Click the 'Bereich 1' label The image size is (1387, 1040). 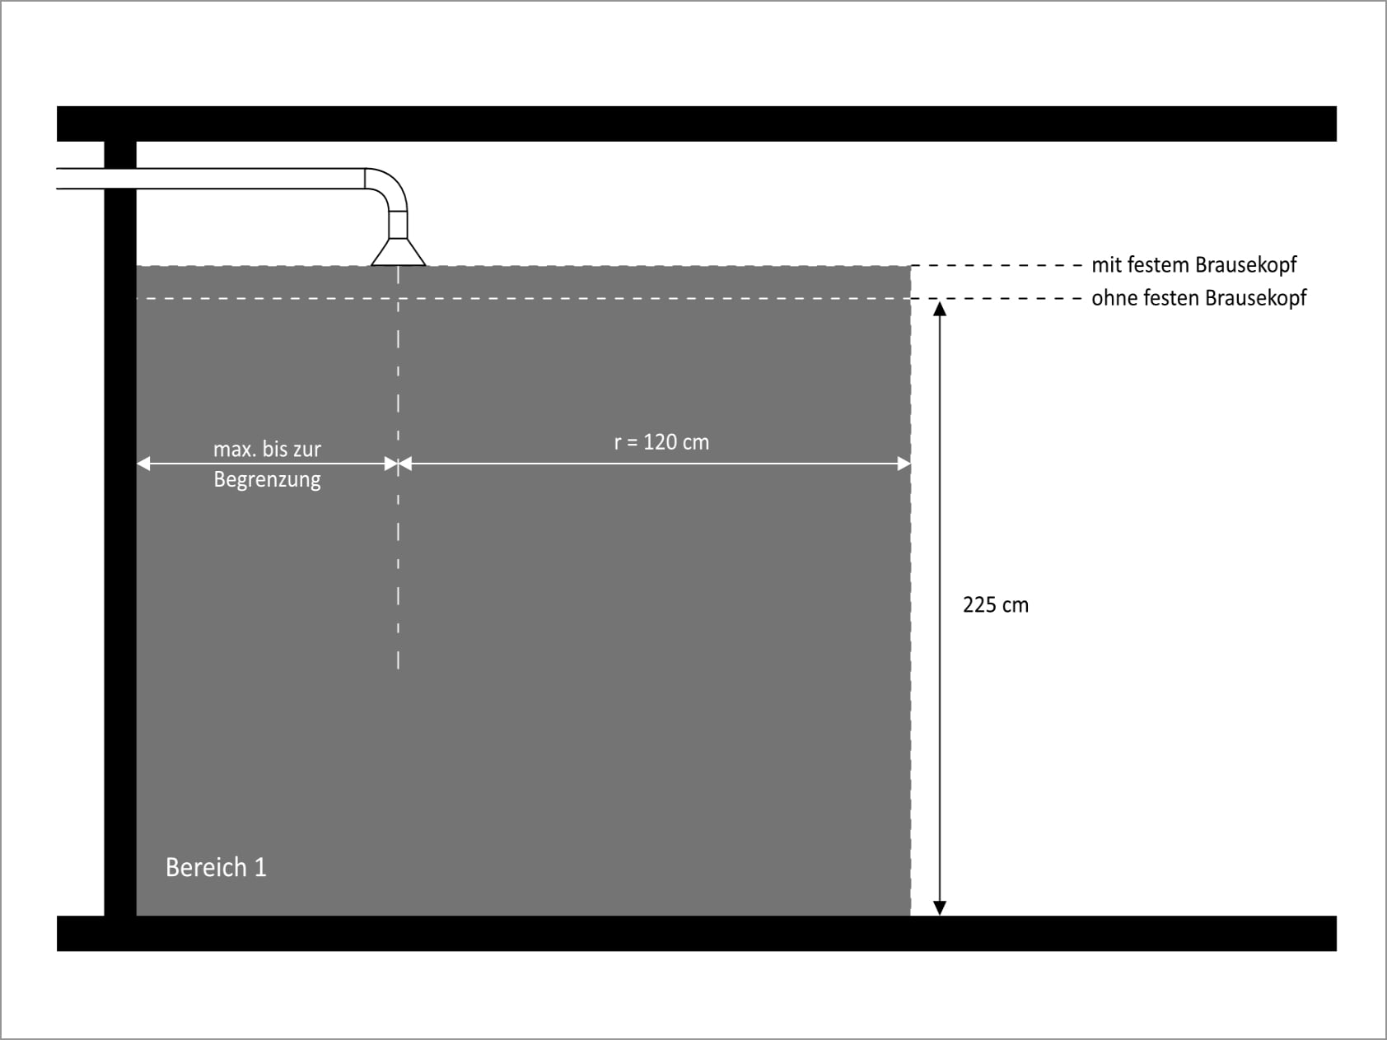[216, 867]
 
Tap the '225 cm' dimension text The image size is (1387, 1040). [996, 605]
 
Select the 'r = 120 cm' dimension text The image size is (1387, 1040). [661, 442]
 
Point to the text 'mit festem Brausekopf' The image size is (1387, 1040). [1194, 265]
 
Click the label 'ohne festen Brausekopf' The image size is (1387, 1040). [1199, 298]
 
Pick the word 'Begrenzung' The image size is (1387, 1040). [267, 480]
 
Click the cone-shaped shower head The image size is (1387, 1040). [398, 251]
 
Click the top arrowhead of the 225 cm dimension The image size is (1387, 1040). [939, 309]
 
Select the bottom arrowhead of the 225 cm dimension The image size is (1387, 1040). [939, 907]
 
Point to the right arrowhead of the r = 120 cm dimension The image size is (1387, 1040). [904, 464]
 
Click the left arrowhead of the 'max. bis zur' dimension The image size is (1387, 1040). [144, 464]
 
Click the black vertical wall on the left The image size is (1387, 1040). [120, 528]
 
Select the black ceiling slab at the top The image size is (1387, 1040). [696, 124]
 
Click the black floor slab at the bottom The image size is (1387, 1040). [696, 934]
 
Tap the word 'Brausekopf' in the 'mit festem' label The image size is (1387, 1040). [1245, 265]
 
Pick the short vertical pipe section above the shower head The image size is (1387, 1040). [398, 225]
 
